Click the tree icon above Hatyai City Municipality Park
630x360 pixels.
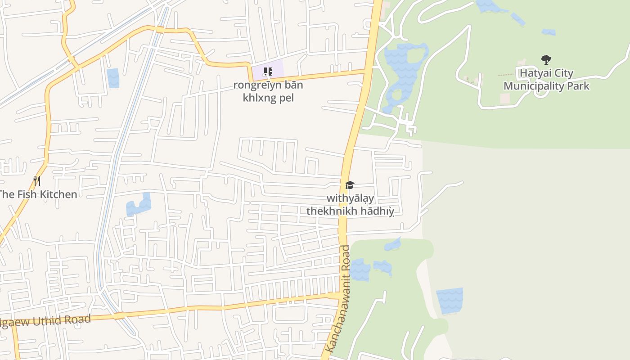click(x=546, y=59)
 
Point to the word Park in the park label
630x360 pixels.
click(x=579, y=86)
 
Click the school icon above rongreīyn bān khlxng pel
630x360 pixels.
click(x=268, y=72)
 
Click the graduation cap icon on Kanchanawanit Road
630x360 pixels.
click(x=350, y=185)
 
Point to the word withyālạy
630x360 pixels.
click(x=350, y=198)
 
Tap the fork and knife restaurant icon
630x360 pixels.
click(x=37, y=181)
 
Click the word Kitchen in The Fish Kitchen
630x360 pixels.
click(x=58, y=194)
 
